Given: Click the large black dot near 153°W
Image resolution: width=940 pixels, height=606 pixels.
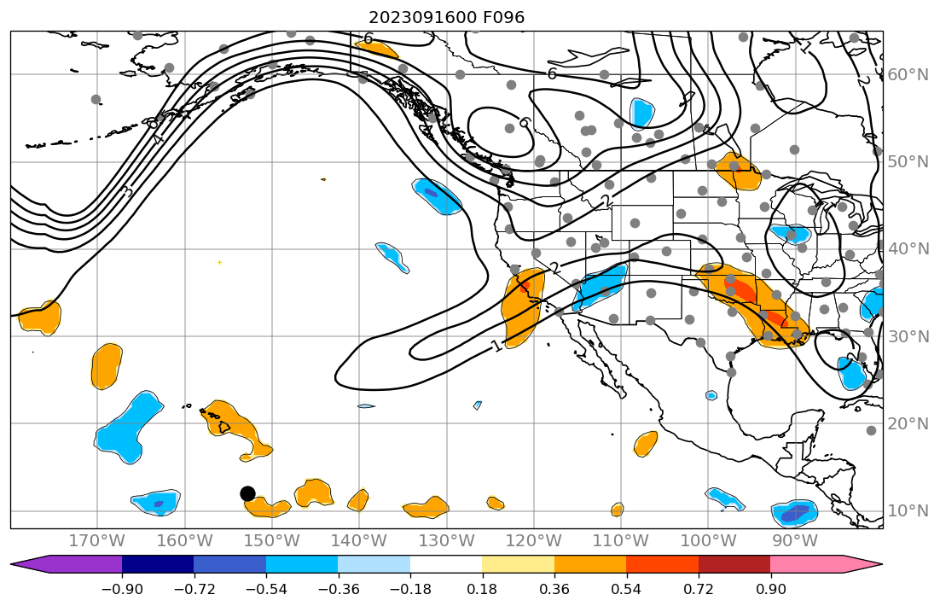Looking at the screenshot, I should coord(247,493).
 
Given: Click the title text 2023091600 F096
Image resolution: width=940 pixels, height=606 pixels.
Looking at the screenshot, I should coord(446,17).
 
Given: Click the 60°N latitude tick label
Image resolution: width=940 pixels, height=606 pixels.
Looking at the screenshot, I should coord(908,75).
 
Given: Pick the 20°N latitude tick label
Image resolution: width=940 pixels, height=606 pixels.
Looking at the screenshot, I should coord(908,424).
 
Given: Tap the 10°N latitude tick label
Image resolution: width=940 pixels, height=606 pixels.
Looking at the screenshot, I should coord(908,511).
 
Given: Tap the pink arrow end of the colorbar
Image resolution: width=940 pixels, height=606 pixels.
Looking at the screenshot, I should coord(862,564).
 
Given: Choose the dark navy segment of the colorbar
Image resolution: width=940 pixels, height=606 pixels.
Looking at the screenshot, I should coord(158,564).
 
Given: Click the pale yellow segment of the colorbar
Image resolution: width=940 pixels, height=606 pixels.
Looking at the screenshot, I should coord(519,564).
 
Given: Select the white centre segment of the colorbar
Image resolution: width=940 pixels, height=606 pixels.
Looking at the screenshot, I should coord(446,564).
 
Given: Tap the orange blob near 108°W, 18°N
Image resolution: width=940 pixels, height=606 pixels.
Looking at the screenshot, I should coord(646,443).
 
